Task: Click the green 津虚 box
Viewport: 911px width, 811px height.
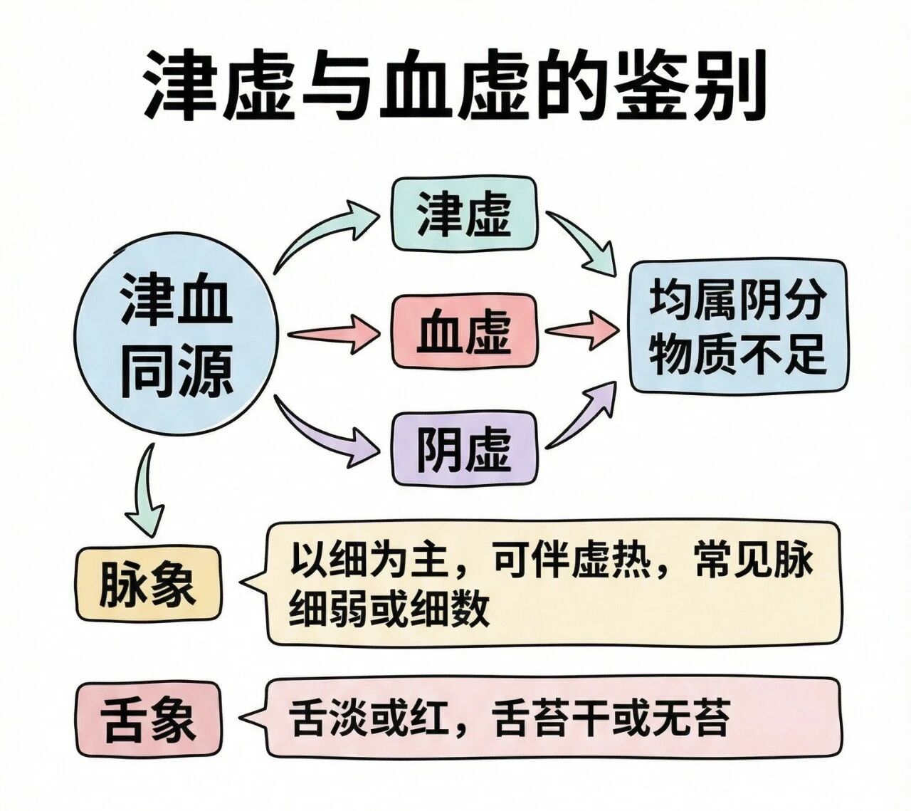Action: point(464,214)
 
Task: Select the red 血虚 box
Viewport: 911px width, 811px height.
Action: point(464,332)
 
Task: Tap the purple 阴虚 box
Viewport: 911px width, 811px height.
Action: point(464,449)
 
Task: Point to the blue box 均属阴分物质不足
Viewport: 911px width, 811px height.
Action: point(737,326)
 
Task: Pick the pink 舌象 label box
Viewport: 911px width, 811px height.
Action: point(148,719)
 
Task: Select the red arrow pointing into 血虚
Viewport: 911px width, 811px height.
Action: point(335,333)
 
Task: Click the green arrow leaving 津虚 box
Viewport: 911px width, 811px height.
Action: point(582,242)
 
